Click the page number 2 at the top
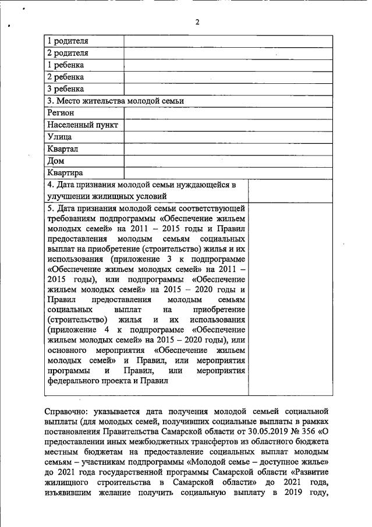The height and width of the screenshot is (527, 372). [197, 22]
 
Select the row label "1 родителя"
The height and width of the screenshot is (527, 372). [68, 41]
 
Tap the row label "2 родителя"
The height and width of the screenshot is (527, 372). [68, 52]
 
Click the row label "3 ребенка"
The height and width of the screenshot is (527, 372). [65, 89]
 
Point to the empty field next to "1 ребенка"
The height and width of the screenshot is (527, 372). [228, 65]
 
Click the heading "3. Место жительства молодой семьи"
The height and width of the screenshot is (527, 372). [115, 101]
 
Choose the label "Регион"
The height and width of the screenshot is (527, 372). [61, 112]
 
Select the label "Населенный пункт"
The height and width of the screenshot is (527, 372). [83, 125]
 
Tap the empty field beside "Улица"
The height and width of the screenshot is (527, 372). [228, 137]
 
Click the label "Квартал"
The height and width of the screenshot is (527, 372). [63, 149]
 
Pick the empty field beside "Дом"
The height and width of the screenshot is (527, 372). [228, 161]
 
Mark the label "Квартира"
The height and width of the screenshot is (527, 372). [65, 173]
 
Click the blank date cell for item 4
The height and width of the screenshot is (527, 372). [290, 190]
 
